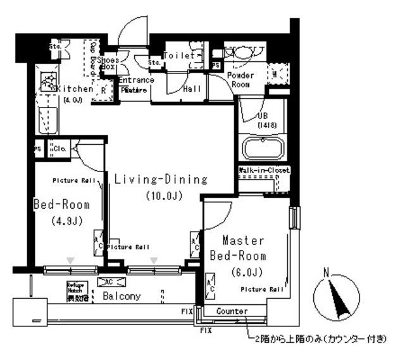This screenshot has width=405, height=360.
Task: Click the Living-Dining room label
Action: point(161,180)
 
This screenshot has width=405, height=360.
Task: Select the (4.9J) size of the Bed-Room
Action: point(61,221)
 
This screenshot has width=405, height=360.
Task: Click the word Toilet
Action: point(178,56)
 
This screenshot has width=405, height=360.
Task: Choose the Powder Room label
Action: point(240,79)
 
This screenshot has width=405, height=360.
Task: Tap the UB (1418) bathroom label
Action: point(264,120)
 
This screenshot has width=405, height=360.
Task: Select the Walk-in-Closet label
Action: point(264,170)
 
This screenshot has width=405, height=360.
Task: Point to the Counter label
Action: point(231,311)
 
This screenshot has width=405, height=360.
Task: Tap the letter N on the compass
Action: point(327,273)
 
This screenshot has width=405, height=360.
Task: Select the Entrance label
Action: point(135,80)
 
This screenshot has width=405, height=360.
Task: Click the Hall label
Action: point(192,89)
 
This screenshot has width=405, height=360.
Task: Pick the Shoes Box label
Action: point(109,62)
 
